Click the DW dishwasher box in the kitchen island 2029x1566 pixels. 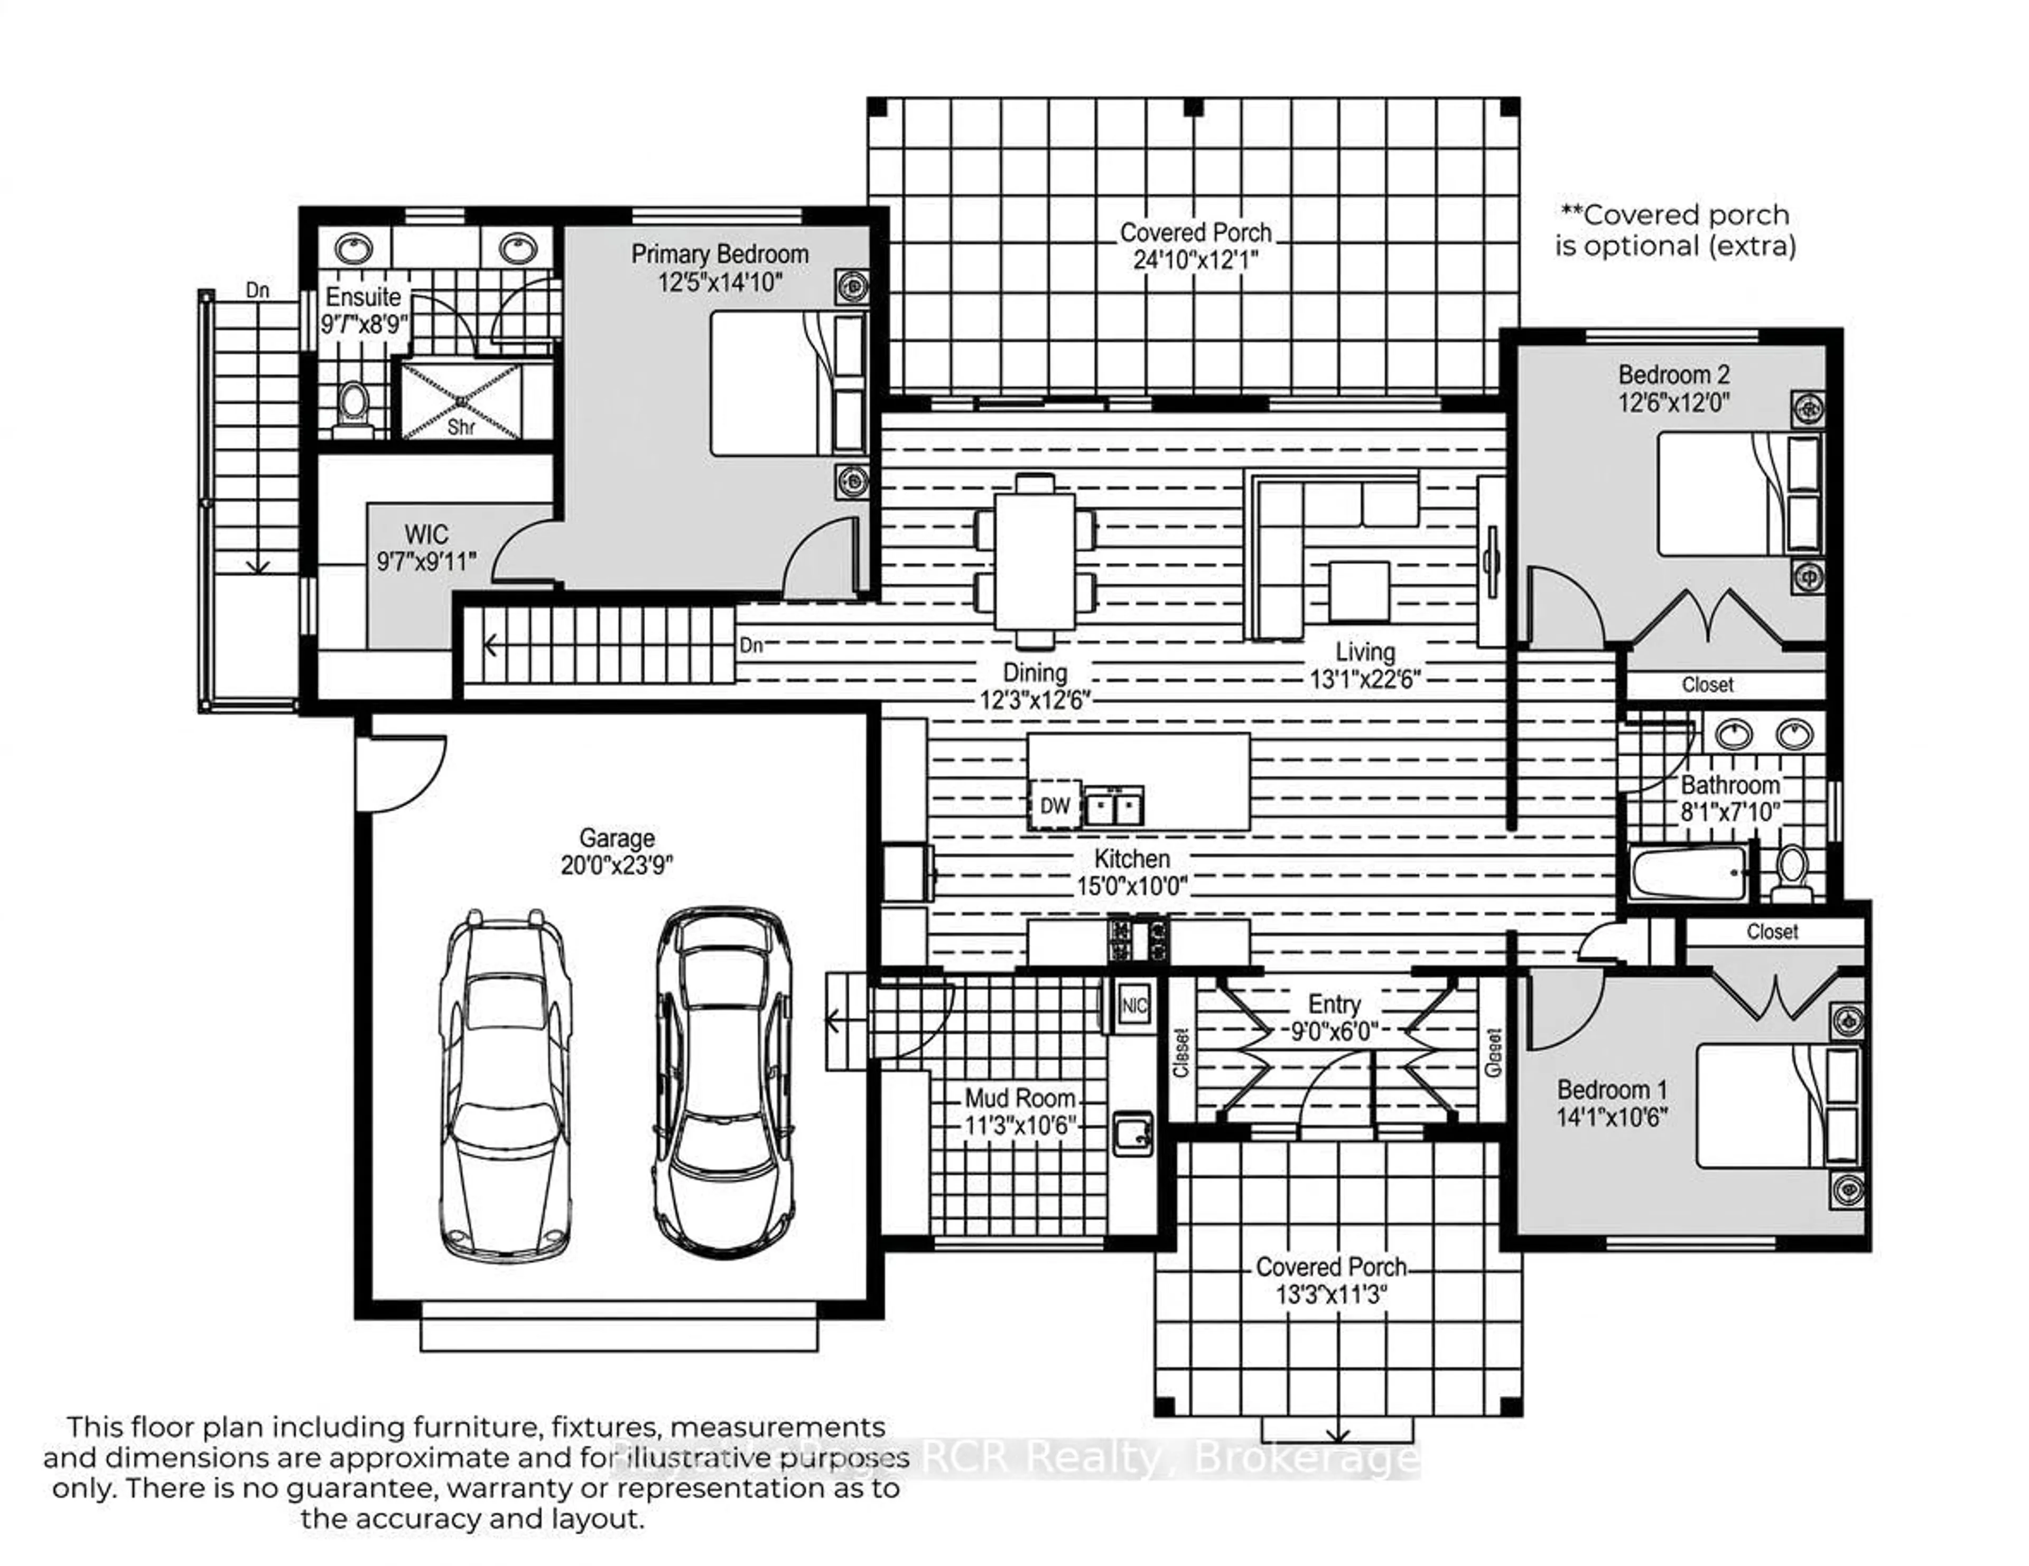pos(1055,805)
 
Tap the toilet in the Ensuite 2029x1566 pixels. pos(352,407)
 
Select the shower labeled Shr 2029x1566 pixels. pos(462,401)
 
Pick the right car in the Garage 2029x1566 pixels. pos(724,1082)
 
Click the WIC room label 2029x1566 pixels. pos(426,535)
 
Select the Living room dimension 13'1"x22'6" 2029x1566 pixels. pos(1365,679)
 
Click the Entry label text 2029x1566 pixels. pos(1334,1004)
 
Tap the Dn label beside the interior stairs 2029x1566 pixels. pos(751,644)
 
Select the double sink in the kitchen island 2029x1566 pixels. pos(1114,805)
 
